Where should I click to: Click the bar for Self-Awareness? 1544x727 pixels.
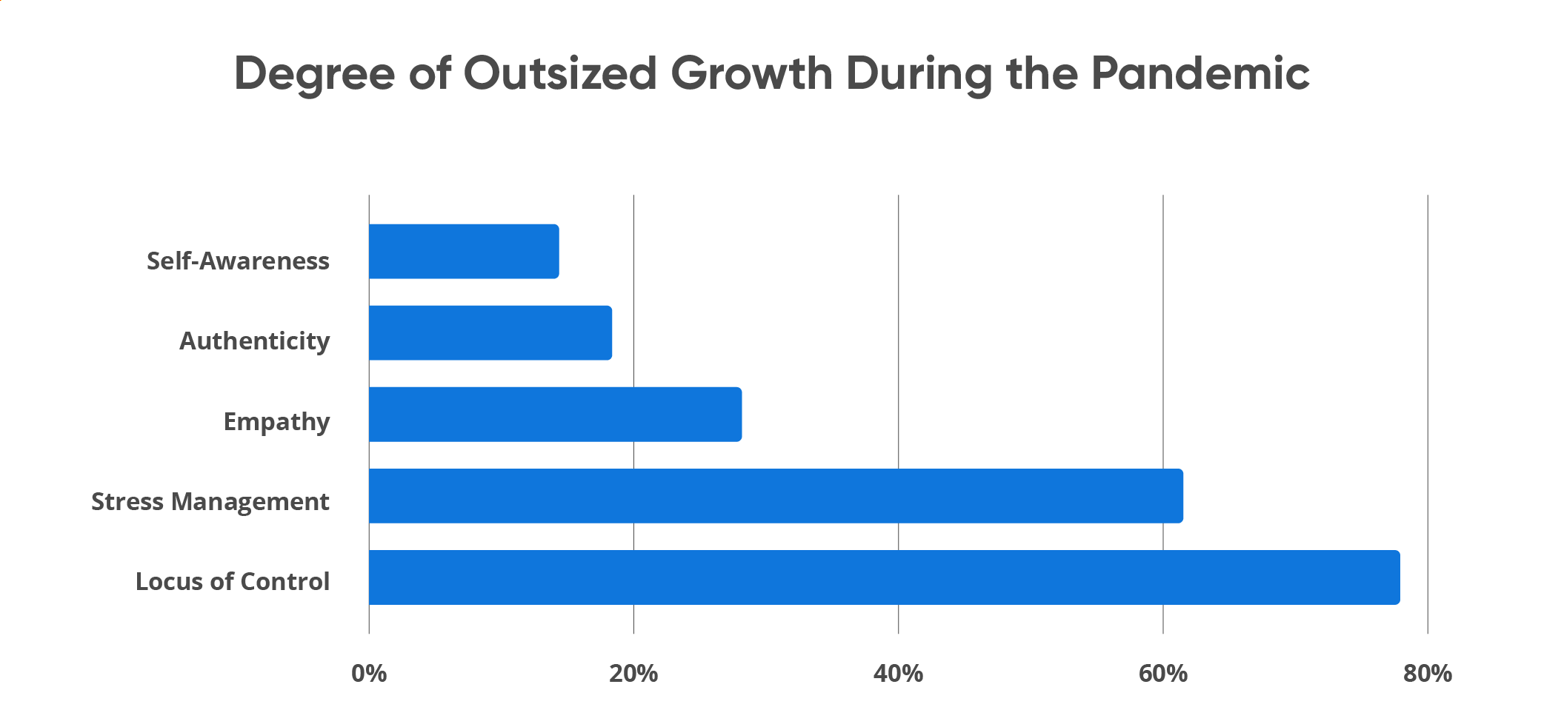464,252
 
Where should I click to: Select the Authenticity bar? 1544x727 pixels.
490,333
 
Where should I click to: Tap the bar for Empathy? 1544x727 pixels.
555,415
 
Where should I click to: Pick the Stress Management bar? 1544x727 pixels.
776,496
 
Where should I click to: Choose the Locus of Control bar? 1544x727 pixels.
884,577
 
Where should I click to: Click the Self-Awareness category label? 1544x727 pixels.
238,261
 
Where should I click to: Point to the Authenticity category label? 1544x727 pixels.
254,341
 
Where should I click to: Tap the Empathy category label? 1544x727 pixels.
276,421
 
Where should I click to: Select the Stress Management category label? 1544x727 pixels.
210,502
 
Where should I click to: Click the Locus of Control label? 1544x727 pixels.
232,582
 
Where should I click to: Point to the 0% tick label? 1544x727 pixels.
369,674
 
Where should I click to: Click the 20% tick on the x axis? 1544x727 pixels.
633,674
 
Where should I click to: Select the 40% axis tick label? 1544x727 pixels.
898,674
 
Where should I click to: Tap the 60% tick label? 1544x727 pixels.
1162,674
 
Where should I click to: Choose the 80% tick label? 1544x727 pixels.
1427,674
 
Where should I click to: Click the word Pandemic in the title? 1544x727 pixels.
1200,73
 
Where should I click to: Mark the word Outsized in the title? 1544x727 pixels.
560,73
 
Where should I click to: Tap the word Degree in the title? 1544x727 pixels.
314,75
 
